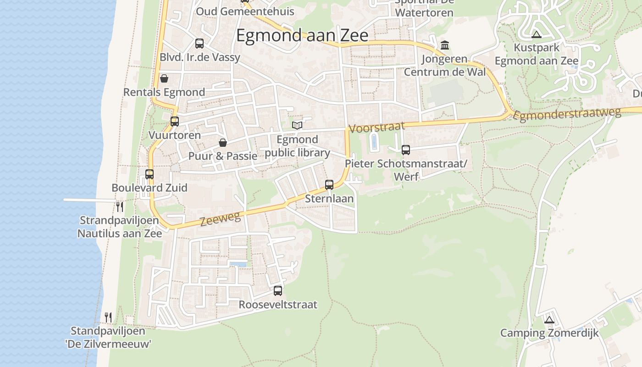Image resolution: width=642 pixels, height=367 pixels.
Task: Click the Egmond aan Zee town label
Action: coord(302,35)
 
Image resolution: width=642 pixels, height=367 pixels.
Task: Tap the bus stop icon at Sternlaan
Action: coord(329,185)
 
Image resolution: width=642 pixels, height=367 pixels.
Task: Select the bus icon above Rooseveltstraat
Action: coord(278,290)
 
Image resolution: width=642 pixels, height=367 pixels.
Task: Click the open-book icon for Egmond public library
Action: coord(297,125)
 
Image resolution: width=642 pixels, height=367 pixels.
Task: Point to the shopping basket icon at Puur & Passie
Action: coord(223,143)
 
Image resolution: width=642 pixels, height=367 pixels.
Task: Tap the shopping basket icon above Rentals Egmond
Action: coord(164,78)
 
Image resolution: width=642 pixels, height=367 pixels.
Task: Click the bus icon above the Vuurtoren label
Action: coord(175,122)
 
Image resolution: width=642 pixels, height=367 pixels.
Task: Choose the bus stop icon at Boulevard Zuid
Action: coord(149,174)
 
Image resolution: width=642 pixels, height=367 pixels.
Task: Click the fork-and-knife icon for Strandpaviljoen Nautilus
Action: coord(120,206)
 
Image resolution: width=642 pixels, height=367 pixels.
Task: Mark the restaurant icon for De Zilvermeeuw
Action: coord(108,317)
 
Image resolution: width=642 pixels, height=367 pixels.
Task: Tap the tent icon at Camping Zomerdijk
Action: coord(549,320)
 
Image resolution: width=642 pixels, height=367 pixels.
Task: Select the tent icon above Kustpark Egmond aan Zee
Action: coord(536,34)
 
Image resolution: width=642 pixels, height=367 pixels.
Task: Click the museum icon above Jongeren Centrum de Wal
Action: coord(445,45)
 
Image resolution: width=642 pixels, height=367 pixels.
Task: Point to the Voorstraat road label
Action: coord(377,127)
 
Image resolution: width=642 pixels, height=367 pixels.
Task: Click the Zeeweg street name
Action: coord(220,219)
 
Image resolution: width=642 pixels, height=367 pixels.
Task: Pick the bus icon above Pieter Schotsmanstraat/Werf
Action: coord(405,150)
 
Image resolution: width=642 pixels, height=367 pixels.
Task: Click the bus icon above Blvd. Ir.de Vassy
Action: coord(199,44)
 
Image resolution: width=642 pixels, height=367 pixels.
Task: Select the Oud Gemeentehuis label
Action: coord(245,11)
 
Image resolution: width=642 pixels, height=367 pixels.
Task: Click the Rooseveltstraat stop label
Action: coord(278,305)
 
